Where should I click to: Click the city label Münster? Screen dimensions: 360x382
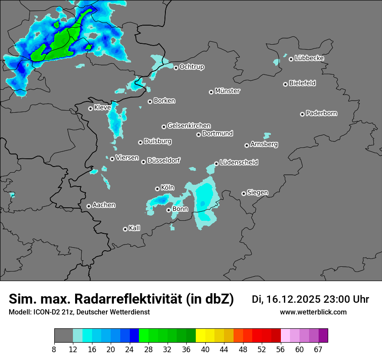[x=227, y=91]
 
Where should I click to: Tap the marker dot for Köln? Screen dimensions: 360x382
[x=157, y=189]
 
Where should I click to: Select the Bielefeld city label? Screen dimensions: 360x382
[x=302, y=83]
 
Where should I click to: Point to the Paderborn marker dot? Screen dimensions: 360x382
[x=302, y=114]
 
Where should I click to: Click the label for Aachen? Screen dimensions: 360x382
[x=104, y=205]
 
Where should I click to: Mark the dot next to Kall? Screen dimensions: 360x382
[x=125, y=229]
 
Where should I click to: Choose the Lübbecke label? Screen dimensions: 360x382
[x=309, y=58]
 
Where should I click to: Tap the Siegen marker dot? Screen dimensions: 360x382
[x=244, y=193]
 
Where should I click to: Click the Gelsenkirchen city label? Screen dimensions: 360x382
[x=189, y=126]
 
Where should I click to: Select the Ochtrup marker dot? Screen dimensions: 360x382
[x=176, y=68]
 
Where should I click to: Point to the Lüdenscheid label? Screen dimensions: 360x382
[x=239, y=163]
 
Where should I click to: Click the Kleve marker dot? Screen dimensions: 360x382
[x=90, y=108]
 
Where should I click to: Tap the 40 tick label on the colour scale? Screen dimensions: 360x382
[x=206, y=349]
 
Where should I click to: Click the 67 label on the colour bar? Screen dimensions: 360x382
[x=318, y=349]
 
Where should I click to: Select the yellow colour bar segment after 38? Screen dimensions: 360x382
[x=201, y=336]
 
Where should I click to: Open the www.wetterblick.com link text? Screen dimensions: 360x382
[x=313, y=312]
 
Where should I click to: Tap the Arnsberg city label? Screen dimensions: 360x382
[x=264, y=144]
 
